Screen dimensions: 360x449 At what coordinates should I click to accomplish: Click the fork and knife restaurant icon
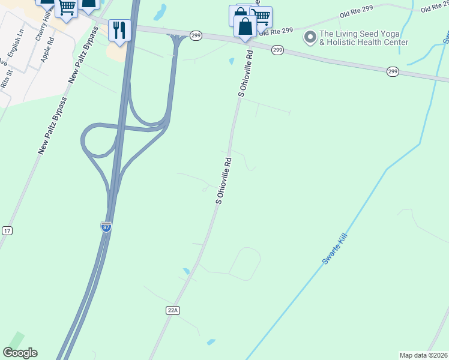(x=119, y=29)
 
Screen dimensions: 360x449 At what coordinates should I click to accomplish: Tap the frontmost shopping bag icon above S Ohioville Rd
(x=245, y=26)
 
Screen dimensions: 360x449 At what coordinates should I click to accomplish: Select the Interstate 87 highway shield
(x=106, y=227)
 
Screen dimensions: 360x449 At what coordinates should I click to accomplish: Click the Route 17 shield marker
(x=7, y=230)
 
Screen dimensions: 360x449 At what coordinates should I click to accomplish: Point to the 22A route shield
(x=173, y=310)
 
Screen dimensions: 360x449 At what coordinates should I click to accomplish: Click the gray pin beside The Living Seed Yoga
(x=310, y=38)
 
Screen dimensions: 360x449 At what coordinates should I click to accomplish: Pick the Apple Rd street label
(x=47, y=50)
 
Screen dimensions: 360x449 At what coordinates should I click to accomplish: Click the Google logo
(x=20, y=353)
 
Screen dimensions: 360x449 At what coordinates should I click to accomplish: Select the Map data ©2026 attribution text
(x=423, y=355)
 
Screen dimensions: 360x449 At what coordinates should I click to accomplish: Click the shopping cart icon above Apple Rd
(x=67, y=8)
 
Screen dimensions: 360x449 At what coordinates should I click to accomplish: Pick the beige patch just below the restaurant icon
(x=118, y=53)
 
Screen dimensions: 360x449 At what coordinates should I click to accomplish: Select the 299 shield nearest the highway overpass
(x=196, y=36)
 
